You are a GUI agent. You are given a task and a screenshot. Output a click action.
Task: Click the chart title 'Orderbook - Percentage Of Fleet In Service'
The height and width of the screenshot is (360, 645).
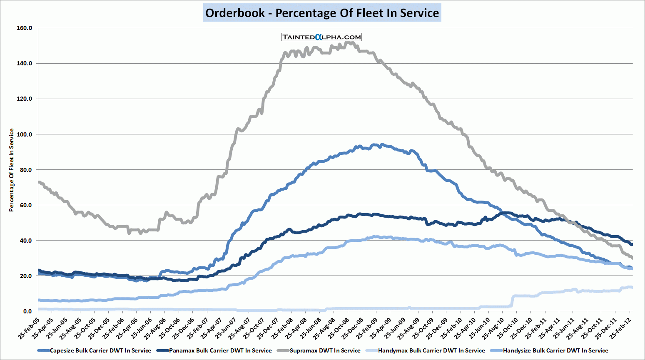coord(322,13)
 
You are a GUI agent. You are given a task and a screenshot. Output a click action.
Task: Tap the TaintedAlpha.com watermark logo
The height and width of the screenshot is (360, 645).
coord(321,37)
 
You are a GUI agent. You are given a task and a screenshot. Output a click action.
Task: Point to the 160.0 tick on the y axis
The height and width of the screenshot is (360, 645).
coord(25,28)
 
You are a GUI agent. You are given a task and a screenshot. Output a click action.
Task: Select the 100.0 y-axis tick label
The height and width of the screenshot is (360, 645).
coord(25,134)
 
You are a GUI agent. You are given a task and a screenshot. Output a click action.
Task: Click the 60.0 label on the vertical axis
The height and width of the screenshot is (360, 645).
coord(26,205)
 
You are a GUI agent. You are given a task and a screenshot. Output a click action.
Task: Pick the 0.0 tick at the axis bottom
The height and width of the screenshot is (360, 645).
coord(27,311)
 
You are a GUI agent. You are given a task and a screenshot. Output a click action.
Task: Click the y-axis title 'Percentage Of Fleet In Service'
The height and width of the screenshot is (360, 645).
coord(11,170)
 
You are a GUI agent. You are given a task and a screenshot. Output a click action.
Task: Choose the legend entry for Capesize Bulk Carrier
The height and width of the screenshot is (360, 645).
coord(100,350)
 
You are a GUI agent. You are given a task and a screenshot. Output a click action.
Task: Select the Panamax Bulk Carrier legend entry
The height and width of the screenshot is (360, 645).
coord(220,350)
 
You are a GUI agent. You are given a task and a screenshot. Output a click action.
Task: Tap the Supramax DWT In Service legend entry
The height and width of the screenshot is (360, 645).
coord(325,350)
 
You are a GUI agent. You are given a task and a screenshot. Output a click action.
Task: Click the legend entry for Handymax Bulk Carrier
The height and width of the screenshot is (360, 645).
coord(431,350)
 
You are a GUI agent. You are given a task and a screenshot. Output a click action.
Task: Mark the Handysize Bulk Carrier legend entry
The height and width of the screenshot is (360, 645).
coord(555,350)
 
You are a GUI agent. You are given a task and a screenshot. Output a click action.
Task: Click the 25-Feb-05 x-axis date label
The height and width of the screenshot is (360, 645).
coord(30,327)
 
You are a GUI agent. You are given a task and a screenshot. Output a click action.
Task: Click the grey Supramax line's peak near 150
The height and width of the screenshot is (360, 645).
coord(350,42)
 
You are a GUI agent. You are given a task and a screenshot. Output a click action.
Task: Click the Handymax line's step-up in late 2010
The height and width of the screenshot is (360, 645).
coord(512,301)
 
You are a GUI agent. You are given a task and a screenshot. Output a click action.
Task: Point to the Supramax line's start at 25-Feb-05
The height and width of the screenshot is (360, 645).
coord(39,182)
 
